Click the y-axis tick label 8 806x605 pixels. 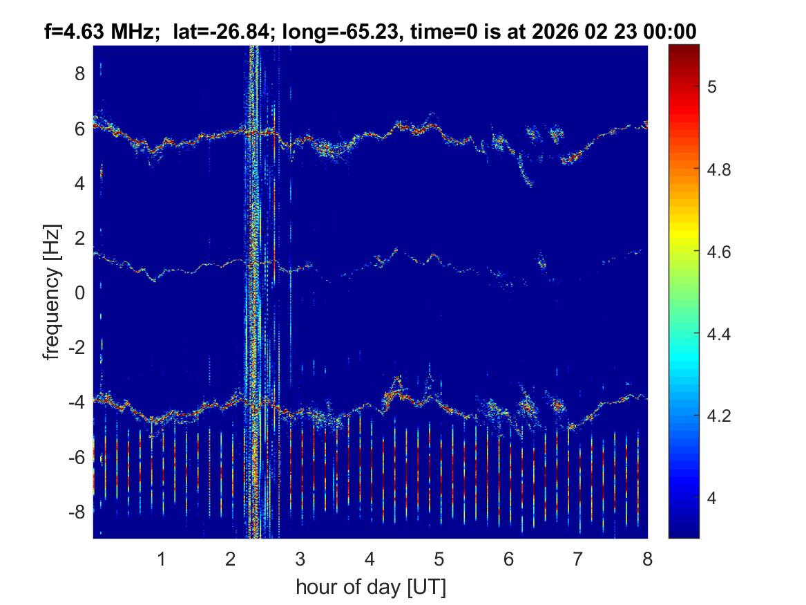[x=79, y=73]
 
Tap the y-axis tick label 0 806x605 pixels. [x=79, y=293]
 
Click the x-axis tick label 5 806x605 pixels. [x=439, y=559]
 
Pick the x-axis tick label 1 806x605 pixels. [x=162, y=559]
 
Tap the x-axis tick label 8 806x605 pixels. [x=646, y=559]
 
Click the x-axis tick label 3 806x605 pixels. [x=300, y=559]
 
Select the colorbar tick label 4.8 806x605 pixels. [x=720, y=169]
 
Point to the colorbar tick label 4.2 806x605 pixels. [x=720, y=416]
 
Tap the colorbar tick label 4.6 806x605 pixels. [x=720, y=252]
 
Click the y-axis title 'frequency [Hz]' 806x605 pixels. [x=52, y=292]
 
